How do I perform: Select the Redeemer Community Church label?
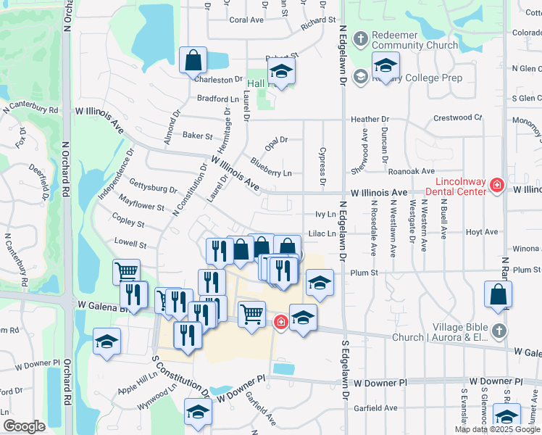(414, 40)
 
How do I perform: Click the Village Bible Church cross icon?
(498, 331)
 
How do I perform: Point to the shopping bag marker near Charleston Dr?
(193, 62)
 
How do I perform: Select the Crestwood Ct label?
(457, 117)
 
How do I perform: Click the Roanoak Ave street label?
(411, 171)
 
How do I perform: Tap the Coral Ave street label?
(246, 20)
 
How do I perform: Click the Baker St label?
(197, 136)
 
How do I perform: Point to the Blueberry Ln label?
(271, 173)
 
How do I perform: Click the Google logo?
(24, 426)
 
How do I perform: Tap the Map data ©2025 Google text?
(496, 429)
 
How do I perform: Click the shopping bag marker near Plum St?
(498, 294)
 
